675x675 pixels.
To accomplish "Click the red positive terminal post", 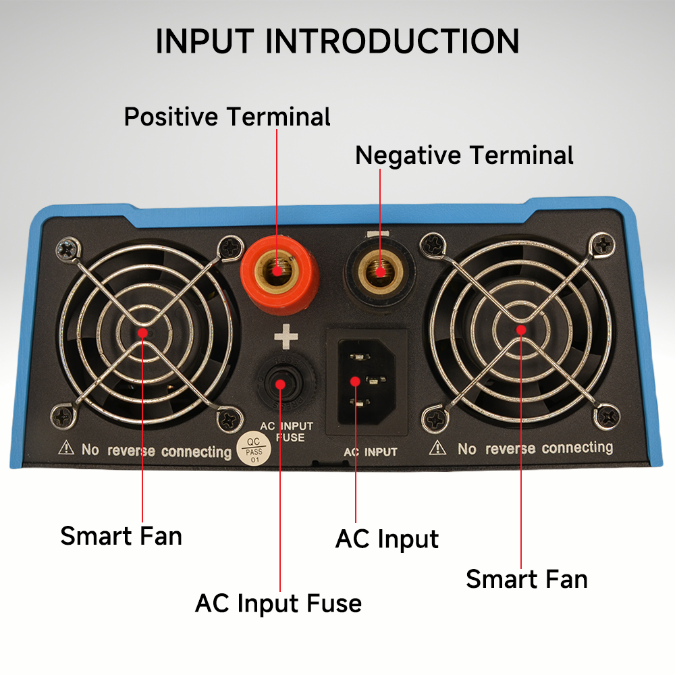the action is point(279,271).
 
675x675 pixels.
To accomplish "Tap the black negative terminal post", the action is point(379,271).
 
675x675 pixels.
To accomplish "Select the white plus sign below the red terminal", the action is point(286,336).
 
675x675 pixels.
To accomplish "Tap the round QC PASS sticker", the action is point(254,449).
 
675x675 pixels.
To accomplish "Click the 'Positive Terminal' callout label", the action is point(227,117).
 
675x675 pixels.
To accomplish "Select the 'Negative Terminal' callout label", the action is point(464,155).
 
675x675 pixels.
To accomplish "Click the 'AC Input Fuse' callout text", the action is point(278,603).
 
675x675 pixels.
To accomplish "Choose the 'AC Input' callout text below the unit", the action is point(387,539).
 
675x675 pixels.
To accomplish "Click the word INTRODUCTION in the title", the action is point(392,41).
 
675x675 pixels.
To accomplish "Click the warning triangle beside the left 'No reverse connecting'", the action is point(66,448).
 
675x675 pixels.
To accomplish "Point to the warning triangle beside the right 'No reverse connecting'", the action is point(438,448).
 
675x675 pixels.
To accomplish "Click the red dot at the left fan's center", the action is point(142,333).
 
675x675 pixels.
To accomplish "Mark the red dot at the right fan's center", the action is point(521,330).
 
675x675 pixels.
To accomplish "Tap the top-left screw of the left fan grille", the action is point(68,250).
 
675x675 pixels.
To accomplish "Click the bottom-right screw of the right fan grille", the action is point(607,416).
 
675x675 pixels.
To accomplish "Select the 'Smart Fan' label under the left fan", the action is point(122,536).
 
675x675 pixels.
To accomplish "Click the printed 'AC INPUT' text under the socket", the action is point(371,452).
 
